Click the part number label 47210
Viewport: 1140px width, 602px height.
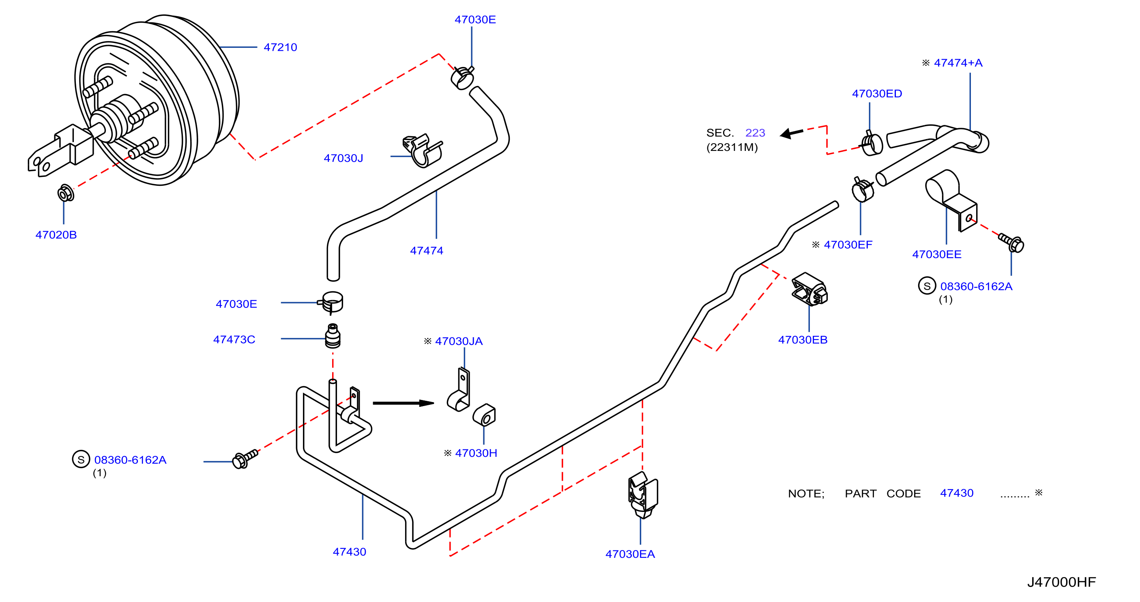[x=280, y=47]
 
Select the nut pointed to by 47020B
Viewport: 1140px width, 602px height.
[x=66, y=193]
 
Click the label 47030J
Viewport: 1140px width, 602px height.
[x=343, y=158]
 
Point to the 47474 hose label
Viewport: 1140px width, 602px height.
[x=426, y=251]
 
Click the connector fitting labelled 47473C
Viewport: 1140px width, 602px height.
[x=333, y=336]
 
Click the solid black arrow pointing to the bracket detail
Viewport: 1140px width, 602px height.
[x=403, y=403]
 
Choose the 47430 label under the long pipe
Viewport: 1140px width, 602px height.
[x=349, y=552]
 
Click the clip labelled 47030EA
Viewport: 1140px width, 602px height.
[x=642, y=495]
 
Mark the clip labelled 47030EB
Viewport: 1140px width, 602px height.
[x=809, y=290]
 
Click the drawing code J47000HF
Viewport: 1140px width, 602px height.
[x=1061, y=582]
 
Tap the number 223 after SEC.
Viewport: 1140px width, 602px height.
[x=755, y=133]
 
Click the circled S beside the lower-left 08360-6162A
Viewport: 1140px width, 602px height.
[x=81, y=460]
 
